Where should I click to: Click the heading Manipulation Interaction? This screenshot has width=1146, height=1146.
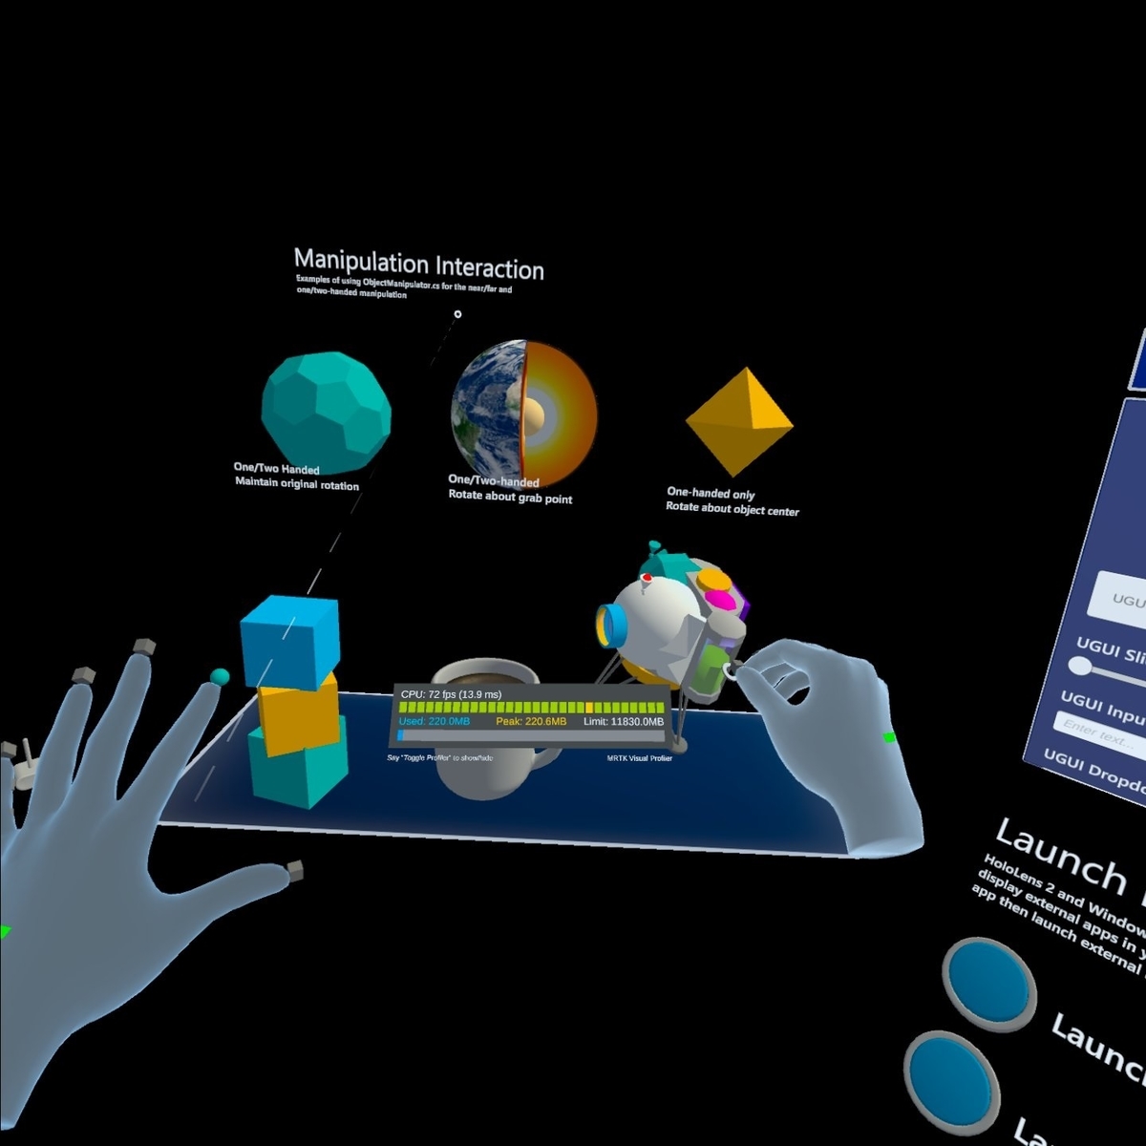(418, 265)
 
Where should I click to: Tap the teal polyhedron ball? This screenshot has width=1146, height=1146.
(326, 411)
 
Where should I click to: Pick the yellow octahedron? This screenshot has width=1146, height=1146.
(738, 419)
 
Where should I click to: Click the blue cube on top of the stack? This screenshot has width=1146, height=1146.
(289, 641)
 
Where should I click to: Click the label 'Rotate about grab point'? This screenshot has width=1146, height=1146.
(510, 498)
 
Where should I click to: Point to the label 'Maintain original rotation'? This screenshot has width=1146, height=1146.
(297, 484)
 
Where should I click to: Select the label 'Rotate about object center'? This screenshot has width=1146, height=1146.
(732, 509)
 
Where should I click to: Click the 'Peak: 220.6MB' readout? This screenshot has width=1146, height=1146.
(531, 722)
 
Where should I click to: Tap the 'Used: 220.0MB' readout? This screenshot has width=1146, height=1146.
(435, 722)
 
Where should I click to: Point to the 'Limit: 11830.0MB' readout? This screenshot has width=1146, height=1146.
(623, 722)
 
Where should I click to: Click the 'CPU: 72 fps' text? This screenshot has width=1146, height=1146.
(451, 694)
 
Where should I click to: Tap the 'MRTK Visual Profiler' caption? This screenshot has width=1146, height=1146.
(639, 758)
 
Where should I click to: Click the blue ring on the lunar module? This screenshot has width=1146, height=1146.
(611, 625)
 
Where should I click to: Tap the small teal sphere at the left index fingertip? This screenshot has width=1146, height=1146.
(219, 677)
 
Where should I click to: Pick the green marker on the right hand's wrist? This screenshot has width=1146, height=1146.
(890, 737)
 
